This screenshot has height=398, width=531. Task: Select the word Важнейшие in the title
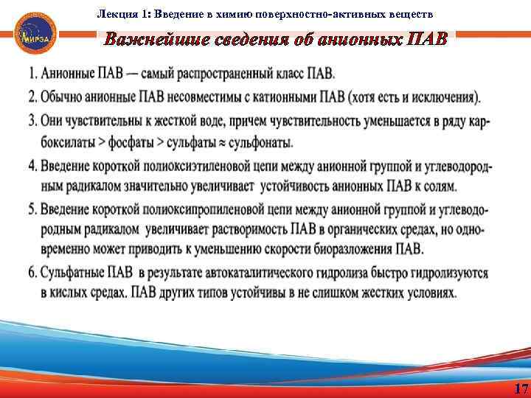coord(150,39)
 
